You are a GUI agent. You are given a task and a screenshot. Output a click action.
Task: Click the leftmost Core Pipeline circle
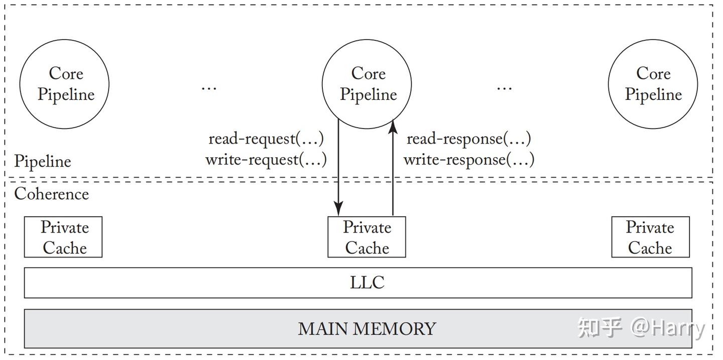point(64,84)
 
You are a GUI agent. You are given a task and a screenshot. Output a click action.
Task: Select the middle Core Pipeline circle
point(367,84)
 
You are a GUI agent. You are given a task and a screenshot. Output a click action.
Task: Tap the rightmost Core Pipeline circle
point(653,84)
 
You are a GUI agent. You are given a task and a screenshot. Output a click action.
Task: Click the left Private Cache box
point(63,237)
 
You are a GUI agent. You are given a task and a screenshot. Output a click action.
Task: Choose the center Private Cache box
point(367,237)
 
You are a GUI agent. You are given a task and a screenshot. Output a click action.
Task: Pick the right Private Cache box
point(650,237)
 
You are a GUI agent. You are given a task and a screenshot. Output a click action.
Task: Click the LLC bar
point(358,283)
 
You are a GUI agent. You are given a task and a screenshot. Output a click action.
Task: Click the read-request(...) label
point(266,139)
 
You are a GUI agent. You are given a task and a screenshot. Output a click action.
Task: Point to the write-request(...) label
point(266,160)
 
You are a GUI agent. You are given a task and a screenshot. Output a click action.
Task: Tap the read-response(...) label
point(468,139)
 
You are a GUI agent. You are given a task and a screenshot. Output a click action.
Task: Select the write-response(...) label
point(468,160)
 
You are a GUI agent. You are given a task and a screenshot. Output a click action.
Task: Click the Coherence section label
point(51,194)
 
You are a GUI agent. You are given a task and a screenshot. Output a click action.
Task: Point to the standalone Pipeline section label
point(43,161)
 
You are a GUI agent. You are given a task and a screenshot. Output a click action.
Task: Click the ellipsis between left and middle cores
point(209,88)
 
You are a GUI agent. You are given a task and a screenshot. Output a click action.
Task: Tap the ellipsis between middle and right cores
point(504,88)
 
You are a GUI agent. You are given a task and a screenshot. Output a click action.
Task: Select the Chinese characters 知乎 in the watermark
point(600,327)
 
